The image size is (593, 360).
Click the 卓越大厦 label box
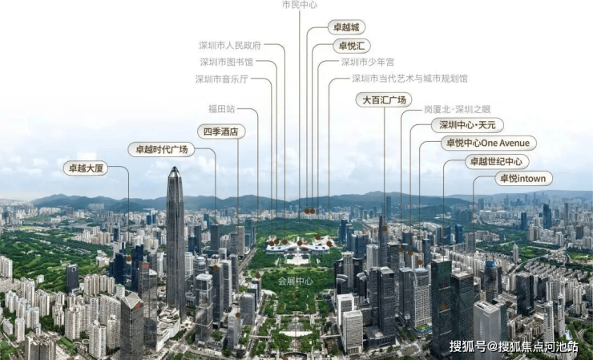click(85, 168)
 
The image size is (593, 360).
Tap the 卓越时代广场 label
click(161, 149)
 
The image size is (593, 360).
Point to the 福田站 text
click(221, 108)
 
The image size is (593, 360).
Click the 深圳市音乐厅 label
click(222, 79)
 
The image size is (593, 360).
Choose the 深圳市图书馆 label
click(226, 62)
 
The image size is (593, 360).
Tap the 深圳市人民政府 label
click(230, 45)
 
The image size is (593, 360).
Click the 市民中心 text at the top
click(299, 5)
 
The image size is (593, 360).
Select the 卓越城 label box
click(347, 27)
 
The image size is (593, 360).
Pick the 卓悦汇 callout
click(351, 46)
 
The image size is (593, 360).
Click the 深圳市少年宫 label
click(368, 62)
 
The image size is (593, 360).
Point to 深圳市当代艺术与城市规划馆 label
click(409, 79)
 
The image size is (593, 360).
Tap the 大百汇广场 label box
click(384, 100)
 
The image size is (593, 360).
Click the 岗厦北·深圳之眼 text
click(457, 109)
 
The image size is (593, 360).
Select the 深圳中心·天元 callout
click(468, 125)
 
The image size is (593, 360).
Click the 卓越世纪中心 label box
click(498, 161)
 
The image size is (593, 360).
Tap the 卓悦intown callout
click(523, 178)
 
